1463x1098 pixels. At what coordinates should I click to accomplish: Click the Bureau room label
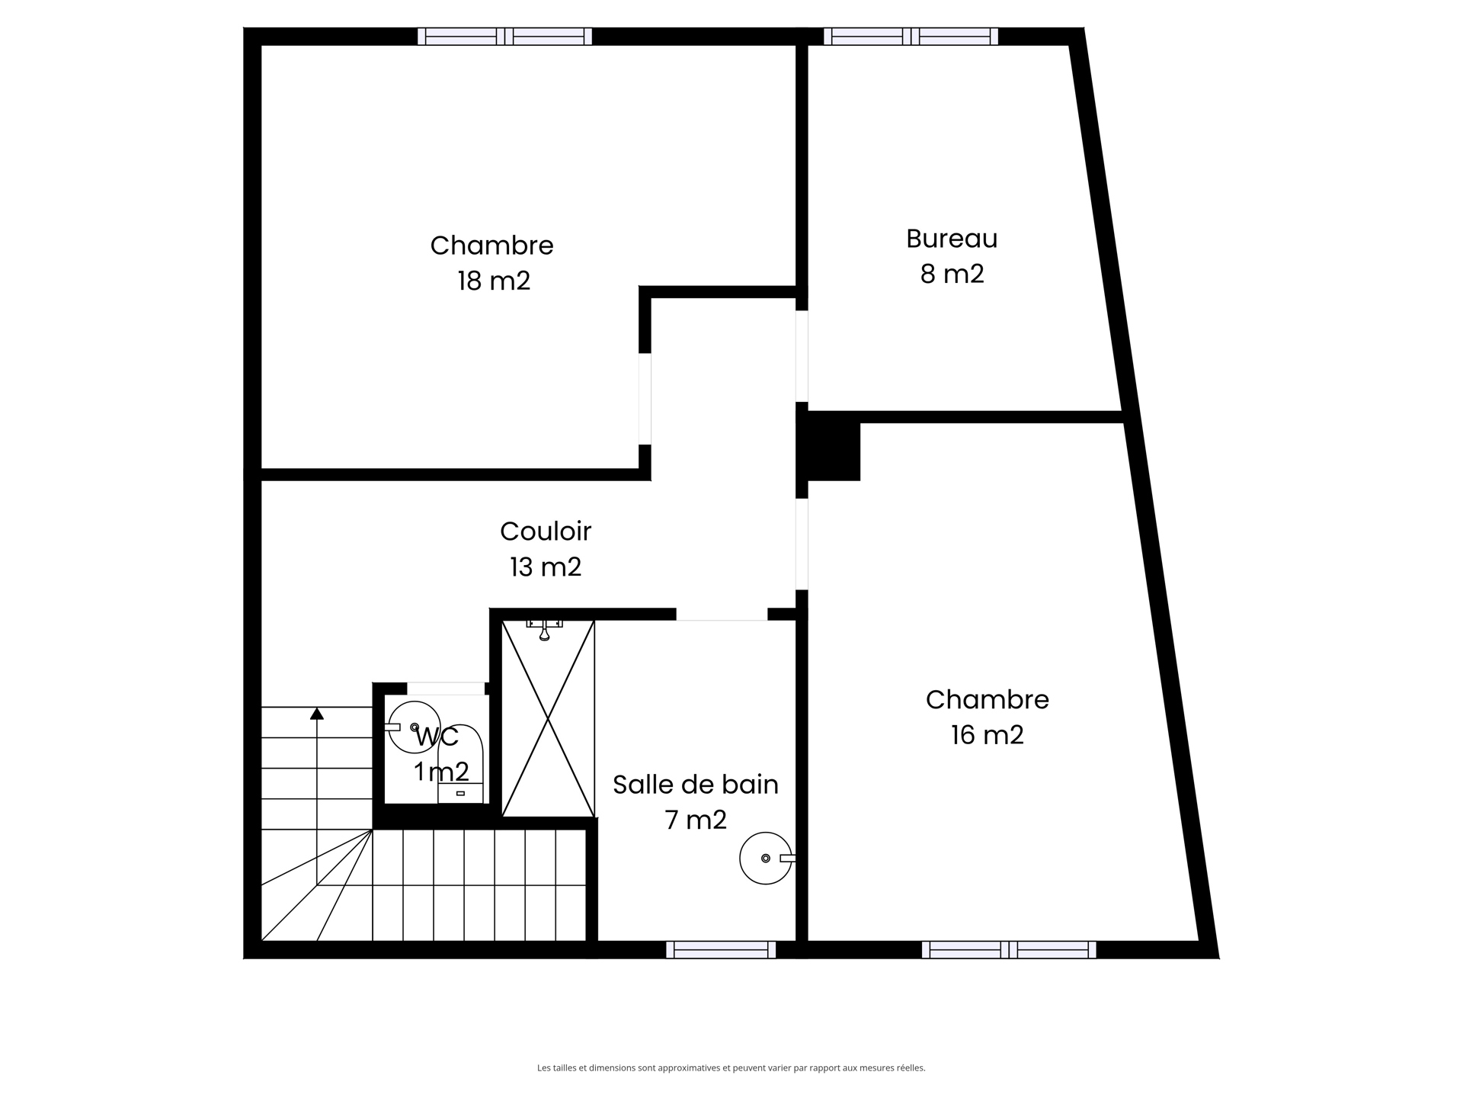[952, 239]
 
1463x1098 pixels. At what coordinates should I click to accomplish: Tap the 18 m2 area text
[494, 281]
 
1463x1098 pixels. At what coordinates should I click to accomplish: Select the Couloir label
[546, 531]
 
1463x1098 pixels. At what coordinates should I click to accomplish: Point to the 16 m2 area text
[987, 734]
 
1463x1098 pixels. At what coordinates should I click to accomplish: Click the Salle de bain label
[695, 784]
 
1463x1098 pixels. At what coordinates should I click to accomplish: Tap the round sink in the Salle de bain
[765, 858]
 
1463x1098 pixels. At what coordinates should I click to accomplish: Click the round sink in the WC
[414, 727]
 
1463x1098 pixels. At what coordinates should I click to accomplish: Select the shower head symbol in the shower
[544, 630]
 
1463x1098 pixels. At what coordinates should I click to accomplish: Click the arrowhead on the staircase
[317, 714]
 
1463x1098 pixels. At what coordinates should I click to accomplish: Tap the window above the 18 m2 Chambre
[504, 36]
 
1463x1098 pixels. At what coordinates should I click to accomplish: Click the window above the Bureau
[911, 36]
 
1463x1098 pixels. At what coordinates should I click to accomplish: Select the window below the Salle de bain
[721, 949]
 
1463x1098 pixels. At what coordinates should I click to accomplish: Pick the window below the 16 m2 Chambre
[1009, 949]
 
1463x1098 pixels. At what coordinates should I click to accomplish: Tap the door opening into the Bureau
[802, 356]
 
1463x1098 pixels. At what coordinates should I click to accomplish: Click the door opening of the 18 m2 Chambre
[645, 399]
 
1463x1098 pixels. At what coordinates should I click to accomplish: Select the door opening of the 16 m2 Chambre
[802, 544]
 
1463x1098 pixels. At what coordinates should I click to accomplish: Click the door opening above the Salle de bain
[722, 615]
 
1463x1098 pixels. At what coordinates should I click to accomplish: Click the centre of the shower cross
[548, 718]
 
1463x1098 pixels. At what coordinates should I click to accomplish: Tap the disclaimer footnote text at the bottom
[731, 1068]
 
